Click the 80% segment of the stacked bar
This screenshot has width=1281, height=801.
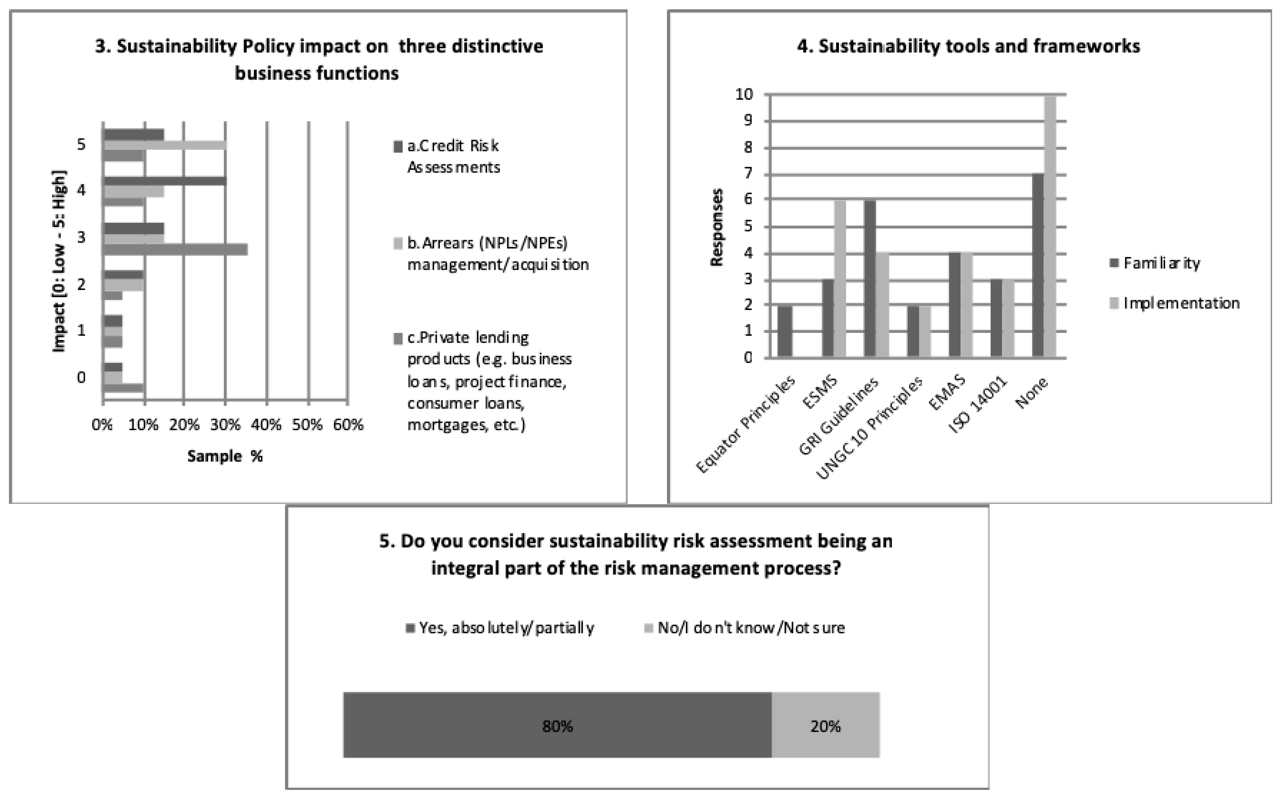[557, 725]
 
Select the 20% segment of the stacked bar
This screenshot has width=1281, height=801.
[825, 725]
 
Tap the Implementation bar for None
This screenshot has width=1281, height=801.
[1050, 227]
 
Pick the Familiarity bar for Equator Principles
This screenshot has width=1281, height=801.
[785, 331]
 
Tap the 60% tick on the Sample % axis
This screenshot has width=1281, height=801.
[348, 425]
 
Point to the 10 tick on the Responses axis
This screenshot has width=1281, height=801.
[744, 94]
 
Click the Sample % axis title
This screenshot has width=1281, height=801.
[225, 456]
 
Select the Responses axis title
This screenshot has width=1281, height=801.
[716, 227]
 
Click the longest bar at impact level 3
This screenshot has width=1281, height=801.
[175, 250]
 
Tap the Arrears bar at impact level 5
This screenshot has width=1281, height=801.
[165, 144]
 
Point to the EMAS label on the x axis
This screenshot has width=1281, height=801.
[948, 393]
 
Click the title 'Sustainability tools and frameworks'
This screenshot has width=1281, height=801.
[968, 46]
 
